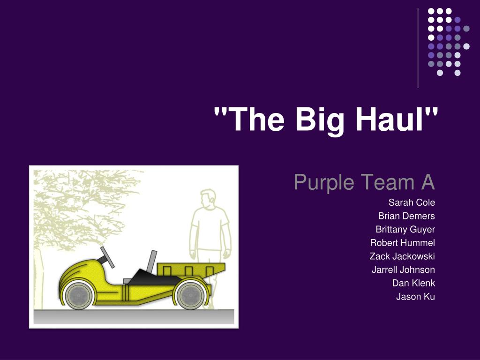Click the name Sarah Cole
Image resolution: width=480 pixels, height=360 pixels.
click(x=412, y=202)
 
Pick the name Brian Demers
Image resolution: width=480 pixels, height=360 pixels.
click(x=406, y=216)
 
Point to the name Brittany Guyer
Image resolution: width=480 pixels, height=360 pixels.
click(x=405, y=230)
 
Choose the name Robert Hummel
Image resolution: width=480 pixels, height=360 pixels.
click(x=403, y=243)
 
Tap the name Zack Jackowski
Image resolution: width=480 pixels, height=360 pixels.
click(x=402, y=256)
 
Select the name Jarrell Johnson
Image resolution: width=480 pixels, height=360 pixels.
click(x=403, y=270)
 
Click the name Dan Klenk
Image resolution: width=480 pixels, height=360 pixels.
click(x=413, y=283)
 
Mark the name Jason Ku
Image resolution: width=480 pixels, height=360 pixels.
click(x=415, y=297)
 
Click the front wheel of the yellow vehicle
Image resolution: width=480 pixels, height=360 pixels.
click(x=79, y=296)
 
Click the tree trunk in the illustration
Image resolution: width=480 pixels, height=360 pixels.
click(x=38, y=278)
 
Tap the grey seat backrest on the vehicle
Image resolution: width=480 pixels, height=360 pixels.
click(x=151, y=262)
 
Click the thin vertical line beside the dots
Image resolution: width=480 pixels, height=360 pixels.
click(x=418, y=48)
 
